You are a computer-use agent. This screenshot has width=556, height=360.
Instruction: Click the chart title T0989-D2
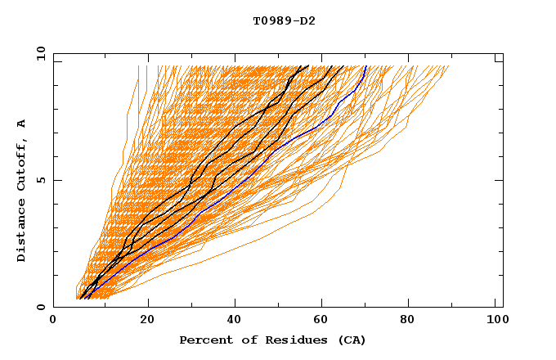284,21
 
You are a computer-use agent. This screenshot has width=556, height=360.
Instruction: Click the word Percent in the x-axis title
203,340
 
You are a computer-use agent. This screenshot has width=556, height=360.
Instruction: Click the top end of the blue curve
365,66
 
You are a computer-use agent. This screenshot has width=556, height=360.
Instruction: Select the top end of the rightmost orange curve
449,66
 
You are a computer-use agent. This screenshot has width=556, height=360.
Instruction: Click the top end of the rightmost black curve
343,66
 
